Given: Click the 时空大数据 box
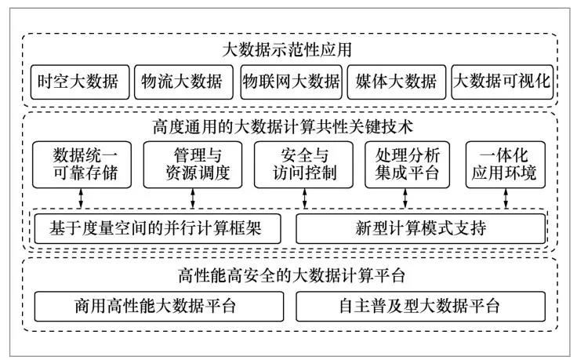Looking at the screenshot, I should [x=78, y=81].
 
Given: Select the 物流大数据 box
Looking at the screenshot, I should [x=182, y=81].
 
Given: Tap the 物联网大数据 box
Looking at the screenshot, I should [x=290, y=81].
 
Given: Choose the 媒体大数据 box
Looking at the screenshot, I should [x=396, y=81].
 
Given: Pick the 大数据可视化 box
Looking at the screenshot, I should [x=503, y=81].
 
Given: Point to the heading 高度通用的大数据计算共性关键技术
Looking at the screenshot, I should [x=289, y=125].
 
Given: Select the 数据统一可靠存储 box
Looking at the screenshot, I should [x=78, y=164].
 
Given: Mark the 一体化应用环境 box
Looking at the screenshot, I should [x=505, y=164].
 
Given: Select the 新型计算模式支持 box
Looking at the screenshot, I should [x=419, y=228].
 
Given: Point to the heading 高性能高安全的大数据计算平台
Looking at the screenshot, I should [x=289, y=275].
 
